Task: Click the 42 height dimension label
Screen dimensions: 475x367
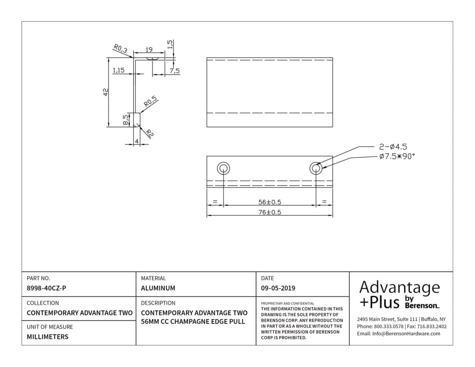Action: coord(106,92)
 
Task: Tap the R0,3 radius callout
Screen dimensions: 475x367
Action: coord(121,49)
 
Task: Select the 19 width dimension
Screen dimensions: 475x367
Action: coord(149,50)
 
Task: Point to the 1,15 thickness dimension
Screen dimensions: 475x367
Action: coord(119,70)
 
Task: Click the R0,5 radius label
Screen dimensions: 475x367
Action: coord(150,101)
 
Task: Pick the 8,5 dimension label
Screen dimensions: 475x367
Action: coord(126,119)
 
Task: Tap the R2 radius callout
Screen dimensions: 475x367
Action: coord(150,133)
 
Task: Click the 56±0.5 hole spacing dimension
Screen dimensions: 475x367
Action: coord(270,202)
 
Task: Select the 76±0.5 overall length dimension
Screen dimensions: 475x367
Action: coord(270,212)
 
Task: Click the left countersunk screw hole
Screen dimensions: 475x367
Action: coord(223,168)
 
